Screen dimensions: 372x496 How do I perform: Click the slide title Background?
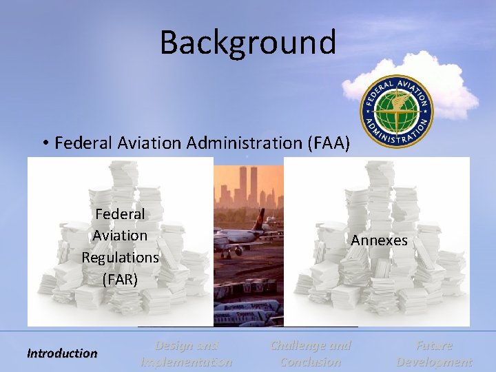point(248,42)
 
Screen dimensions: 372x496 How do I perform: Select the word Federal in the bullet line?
point(83,143)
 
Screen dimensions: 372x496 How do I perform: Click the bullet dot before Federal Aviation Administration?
point(43,143)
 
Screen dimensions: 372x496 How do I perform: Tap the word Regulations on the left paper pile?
point(120,258)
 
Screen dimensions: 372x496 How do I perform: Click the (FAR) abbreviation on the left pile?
point(120,280)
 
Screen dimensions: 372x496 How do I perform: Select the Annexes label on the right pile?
point(379,240)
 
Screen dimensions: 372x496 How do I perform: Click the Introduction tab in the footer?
point(62,353)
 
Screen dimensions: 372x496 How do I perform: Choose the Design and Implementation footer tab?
point(186,353)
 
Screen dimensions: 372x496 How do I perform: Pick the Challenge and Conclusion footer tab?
point(311,353)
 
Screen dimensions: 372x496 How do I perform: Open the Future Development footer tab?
point(434,353)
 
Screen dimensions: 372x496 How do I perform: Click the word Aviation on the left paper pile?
point(120,236)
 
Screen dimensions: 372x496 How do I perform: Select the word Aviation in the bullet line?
point(148,143)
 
